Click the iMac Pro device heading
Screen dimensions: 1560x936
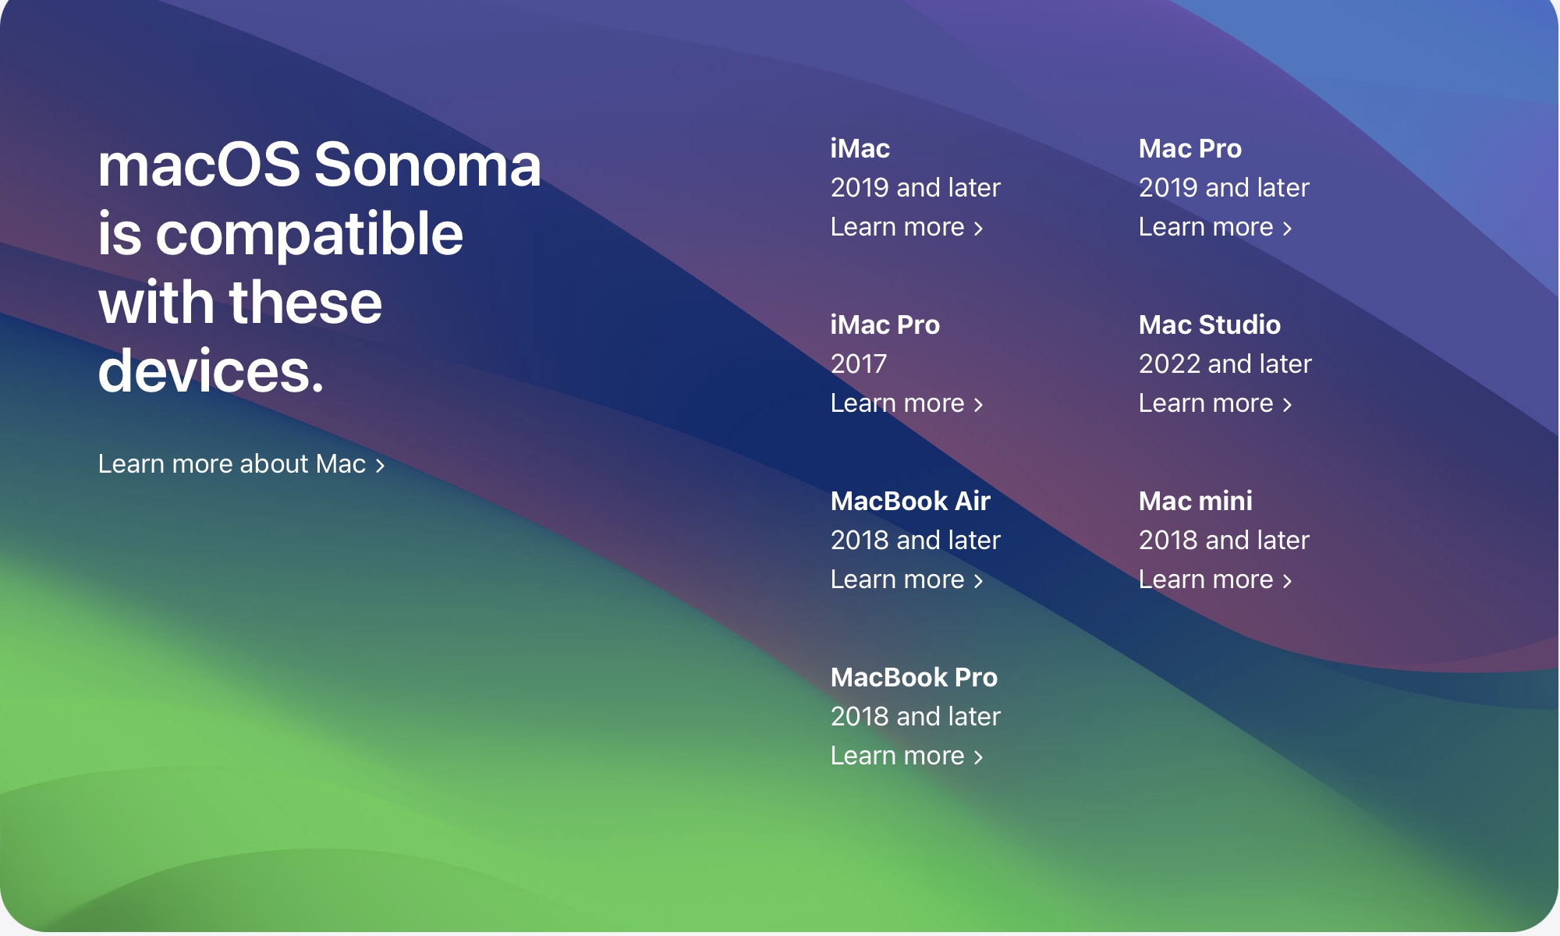pyautogui.click(x=885, y=324)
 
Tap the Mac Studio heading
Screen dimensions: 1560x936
pyautogui.click(x=1210, y=324)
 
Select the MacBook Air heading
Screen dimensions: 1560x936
pyautogui.click(x=910, y=501)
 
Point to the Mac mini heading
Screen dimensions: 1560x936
pyautogui.click(x=1196, y=501)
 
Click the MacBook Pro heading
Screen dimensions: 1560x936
pyautogui.click(x=914, y=677)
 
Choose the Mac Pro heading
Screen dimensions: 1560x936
pyautogui.click(x=1190, y=148)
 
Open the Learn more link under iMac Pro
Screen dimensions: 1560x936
pyautogui.click(x=906, y=403)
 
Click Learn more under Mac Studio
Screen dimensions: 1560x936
pyautogui.click(x=1215, y=403)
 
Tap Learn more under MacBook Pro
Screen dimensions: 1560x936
pyautogui.click(x=906, y=756)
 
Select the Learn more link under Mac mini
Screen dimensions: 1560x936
pyautogui.click(x=1215, y=580)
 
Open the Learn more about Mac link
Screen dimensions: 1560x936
pyautogui.click(x=242, y=464)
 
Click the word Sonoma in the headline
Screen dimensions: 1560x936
pyautogui.click(x=427, y=165)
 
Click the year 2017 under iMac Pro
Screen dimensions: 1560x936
pyautogui.click(x=859, y=363)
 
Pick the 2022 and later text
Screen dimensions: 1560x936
pyautogui.click(x=1225, y=363)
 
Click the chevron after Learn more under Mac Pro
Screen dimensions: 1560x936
pyautogui.click(x=1287, y=229)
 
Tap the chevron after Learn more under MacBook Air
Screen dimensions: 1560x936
pyautogui.click(x=978, y=581)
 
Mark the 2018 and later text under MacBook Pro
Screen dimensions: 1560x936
pyautogui.click(x=916, y=716)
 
